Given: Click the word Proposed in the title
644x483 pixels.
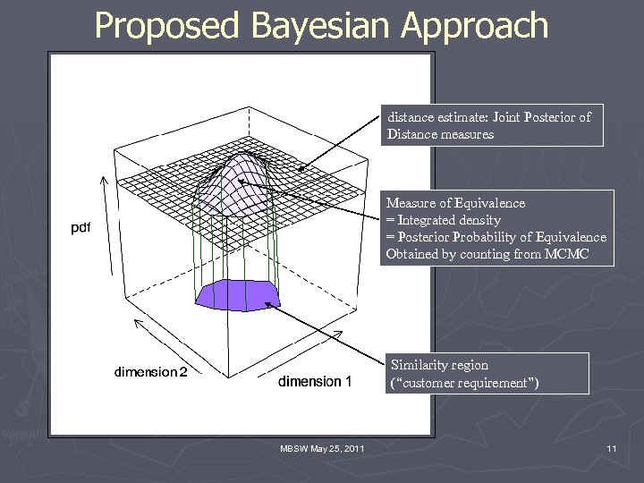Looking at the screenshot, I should point(165,26).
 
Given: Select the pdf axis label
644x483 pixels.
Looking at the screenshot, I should point(80,228).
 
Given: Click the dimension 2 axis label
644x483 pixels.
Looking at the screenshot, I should point(150,372).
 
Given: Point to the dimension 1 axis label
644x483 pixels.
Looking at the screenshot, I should point(315,382).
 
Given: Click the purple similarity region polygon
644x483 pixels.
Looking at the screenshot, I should point(236,293).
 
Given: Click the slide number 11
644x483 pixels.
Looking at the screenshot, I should point(611,448).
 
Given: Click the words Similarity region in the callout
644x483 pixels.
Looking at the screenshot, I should point(437,365).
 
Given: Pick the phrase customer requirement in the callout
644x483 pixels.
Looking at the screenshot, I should point(464,383).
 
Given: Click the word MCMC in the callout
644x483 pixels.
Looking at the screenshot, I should point(565,254).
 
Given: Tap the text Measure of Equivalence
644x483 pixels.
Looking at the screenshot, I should point(455,203).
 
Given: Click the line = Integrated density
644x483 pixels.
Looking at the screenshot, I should point(443,220).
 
